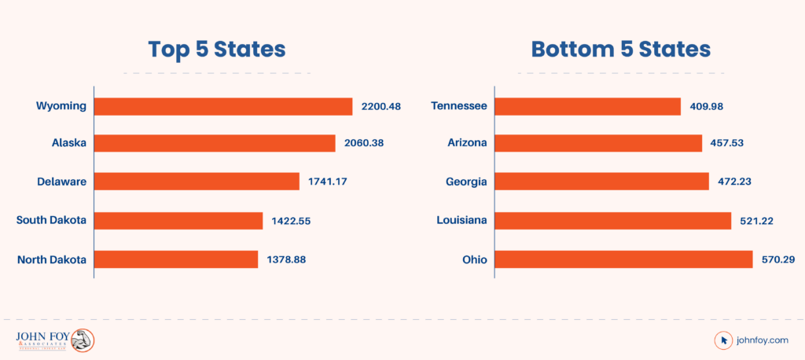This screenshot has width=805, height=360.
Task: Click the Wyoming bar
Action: (223, 106)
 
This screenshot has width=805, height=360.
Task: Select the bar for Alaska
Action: (215, 143)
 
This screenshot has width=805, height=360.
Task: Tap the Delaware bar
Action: (197, 182)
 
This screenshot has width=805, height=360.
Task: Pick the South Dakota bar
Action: (178, 220)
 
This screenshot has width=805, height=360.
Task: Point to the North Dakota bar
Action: (176, 259)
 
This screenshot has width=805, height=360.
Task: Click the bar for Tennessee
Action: (587, 106)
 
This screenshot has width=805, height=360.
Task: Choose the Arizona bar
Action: (598, 143)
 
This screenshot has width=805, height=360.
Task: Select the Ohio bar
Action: (623, 259)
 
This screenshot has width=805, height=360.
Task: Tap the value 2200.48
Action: (380, 106)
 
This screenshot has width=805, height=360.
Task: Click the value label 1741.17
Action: (329, 182)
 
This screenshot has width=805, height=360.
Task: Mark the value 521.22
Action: (756, 220)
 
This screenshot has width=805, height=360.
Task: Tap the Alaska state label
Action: (68, 143)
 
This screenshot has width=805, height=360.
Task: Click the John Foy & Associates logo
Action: (55, 340)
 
